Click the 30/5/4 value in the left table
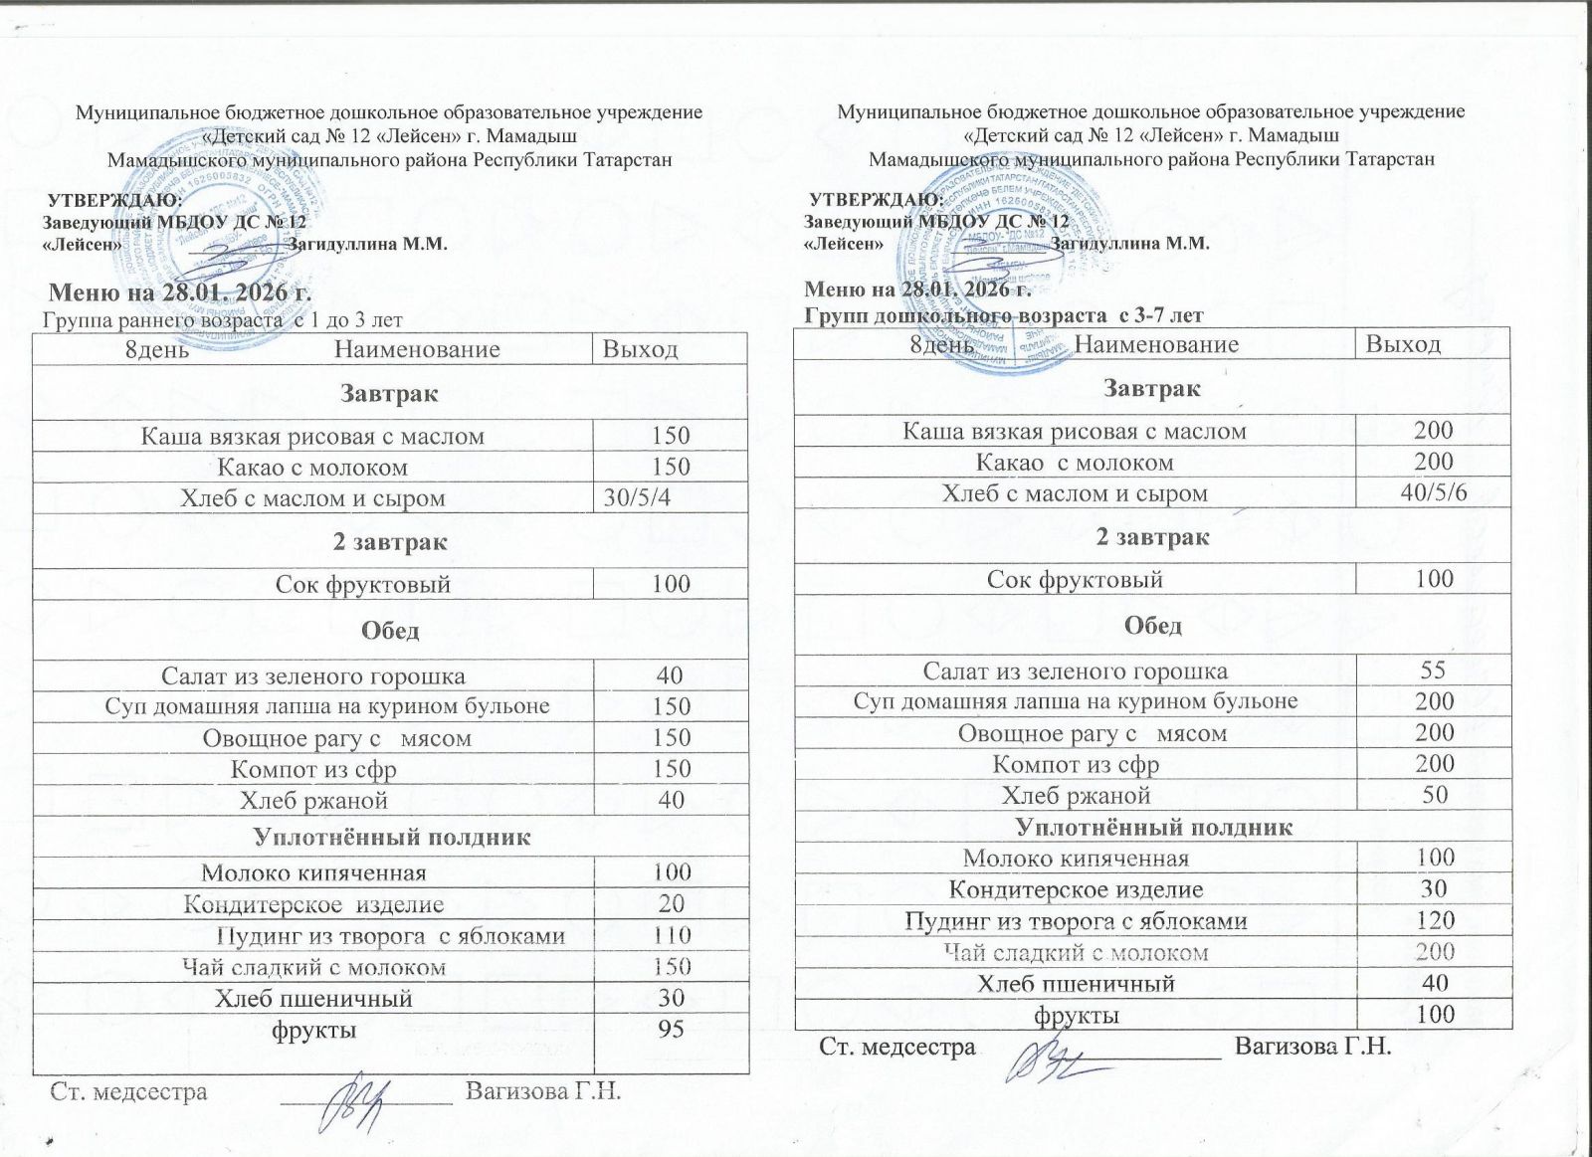637,498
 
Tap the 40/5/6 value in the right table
1433,492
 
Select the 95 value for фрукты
672,1029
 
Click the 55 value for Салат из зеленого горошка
1434,670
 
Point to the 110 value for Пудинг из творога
672,935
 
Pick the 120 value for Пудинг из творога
1434,920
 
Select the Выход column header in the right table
1403,344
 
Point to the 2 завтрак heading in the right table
1152,537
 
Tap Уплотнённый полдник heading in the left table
391,837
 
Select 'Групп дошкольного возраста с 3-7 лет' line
1003,315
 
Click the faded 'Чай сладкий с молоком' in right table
1076,953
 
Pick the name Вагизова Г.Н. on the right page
1311,1046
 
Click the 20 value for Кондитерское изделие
672,903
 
